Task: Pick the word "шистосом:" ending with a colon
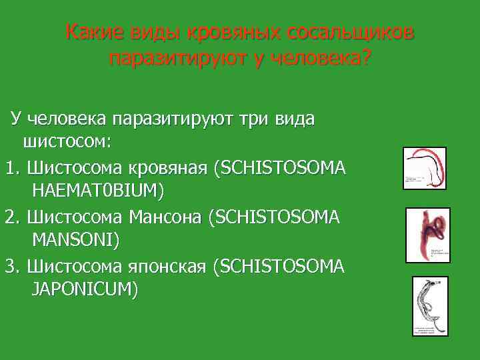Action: click(x=67, y=142)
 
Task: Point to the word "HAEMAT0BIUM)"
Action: click(x=97, y=191)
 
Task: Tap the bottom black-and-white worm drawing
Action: click(x=429, y=305)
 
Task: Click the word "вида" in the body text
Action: click(x=297, y=119)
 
